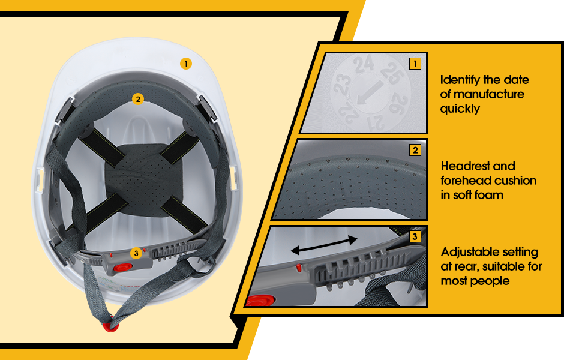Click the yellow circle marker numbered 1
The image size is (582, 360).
click(186, 64)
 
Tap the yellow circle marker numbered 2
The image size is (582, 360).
click(138, 99)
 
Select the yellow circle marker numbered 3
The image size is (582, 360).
click(136, 253)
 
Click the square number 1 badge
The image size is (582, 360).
click(415, 64)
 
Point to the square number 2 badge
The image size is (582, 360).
click(415, 150)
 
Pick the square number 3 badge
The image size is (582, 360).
click(415, 236)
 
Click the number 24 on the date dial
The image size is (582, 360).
click(364, 64)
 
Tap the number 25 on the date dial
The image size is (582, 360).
click(393, 73)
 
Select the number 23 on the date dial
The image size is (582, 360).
click(341, 84)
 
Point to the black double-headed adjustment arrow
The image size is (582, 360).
click(323, 245)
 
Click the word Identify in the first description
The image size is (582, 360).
click(460, 80)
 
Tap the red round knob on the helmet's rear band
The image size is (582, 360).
click(122, 268)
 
